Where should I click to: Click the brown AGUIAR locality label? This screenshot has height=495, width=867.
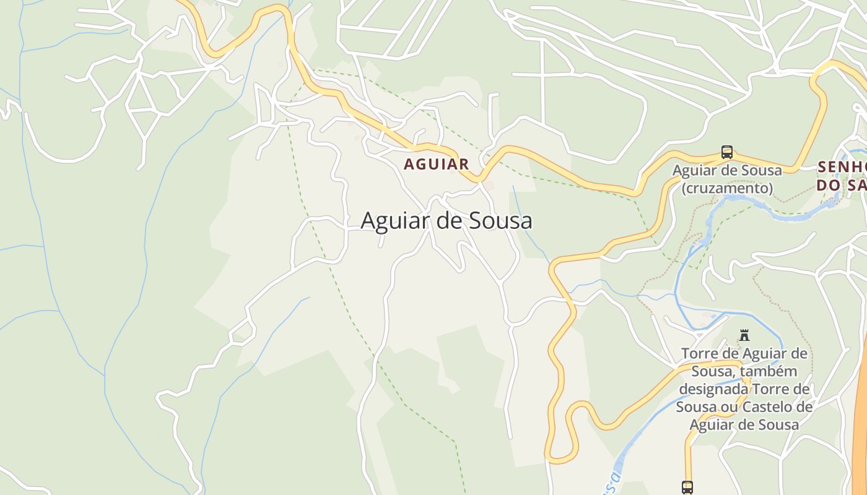click(x=436, y=165)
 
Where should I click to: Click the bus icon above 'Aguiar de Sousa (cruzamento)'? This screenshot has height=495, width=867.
click(x=727, y=152)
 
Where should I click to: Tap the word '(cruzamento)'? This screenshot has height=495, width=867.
click(x=727, y=187)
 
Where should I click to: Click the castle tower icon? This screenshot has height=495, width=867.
click(x=744, y=336)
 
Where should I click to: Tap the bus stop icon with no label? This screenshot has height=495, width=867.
click(x=687, y=487)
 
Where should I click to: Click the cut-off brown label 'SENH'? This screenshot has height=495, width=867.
click(x=841, y=167)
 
